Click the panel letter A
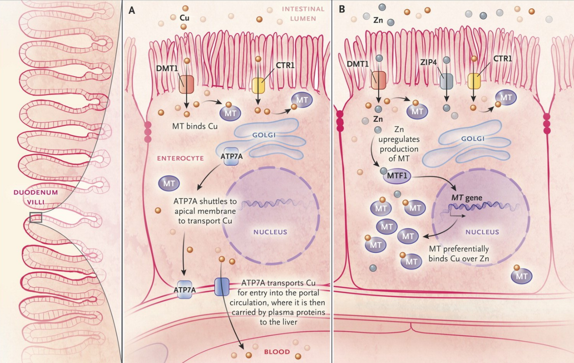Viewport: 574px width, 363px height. [x=132, y=10]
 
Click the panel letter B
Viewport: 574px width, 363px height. [x=342, y=10]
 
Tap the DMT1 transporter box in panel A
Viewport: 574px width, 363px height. [x=186, y=84]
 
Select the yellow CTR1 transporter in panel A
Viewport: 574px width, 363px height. [x=258, y=85]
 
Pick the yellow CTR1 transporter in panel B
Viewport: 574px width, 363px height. [x=474, y=81]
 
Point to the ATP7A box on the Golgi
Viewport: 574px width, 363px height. [x=231, y=156]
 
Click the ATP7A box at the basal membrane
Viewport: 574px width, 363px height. [x=184, y=289]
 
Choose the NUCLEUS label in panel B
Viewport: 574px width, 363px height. [x=482, y=232]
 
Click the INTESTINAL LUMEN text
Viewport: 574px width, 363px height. [x=303, y=13]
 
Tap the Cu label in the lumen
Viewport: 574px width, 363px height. [x=184, y=18]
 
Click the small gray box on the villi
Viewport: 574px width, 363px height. [x=36, y=217]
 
